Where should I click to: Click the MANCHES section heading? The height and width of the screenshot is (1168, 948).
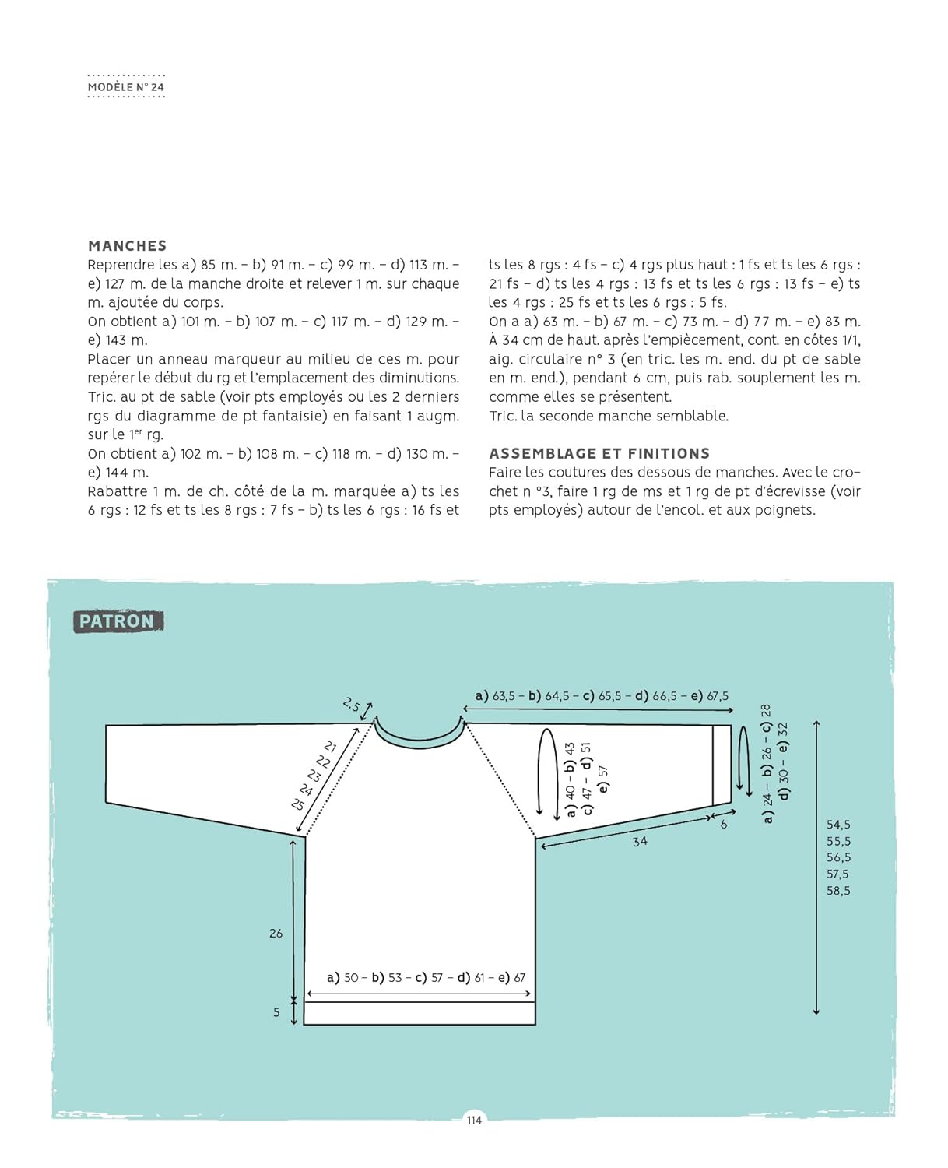point(127,245)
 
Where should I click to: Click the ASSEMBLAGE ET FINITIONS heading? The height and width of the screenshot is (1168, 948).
point(599,453)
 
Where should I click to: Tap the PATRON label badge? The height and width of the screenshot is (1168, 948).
point(118,621)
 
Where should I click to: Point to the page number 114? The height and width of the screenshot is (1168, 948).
point(474,1120)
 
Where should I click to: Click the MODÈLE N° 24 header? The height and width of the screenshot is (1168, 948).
point(126,87)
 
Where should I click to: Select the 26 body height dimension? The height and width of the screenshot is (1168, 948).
point(276,933)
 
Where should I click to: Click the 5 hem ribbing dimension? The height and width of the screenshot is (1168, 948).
point(276,1012)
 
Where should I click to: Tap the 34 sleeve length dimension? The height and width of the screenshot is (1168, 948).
point(640,841)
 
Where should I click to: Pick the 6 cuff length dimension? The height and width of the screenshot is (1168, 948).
point(724,824)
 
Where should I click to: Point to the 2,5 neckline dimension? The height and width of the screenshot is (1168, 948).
point(351,705)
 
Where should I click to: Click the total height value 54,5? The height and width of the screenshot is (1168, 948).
point(838,825)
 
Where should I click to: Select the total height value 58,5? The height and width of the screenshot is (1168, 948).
point(838,891)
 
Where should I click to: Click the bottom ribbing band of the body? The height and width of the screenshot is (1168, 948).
point(420,1013)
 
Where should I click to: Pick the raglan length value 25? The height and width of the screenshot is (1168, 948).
point(297,804)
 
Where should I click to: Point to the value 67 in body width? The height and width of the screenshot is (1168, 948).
point(520,978)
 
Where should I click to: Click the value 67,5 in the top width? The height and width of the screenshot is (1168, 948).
point(718,696)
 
